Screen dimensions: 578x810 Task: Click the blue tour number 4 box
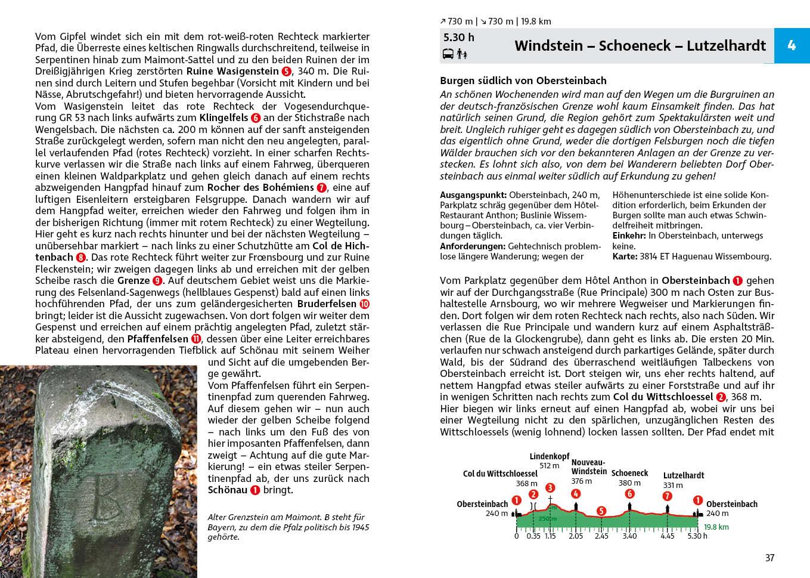pyautogui.click(x=792, y=45)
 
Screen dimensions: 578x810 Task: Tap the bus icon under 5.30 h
pyautogui.click(x=448, y=54)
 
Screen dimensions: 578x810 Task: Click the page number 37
pyautogui.click(x=769, y=558)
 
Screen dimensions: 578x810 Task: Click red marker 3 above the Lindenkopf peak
pyautogui.click(x=550, y=488)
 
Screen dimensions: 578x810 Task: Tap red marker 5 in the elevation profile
pyautogui.click(x=601, y=511)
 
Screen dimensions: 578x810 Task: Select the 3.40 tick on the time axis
pyautogui.click(x=629, y=536)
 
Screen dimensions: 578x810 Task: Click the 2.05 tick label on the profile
pyautogui.click(x=576, y=536)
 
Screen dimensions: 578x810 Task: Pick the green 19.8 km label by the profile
pyautogui.click(x=716, y=527)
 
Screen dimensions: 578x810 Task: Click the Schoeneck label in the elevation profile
pyautogui.click(x=629, y=473)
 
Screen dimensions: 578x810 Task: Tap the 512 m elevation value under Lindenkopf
pyautogui.click(x=550, y=466)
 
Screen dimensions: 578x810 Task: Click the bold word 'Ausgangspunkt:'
pyautogui.click(x=473, y=195)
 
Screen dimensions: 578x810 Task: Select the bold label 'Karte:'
pyautogui.click(x=625, y=256)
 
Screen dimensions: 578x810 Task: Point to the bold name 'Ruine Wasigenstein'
pyautogui.click(x=234, y=71)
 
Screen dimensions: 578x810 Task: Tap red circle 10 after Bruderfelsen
pyautogui.click(x=365, y=304)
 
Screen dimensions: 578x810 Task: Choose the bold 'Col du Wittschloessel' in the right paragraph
pyautogui.click(x=663, y=397)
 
